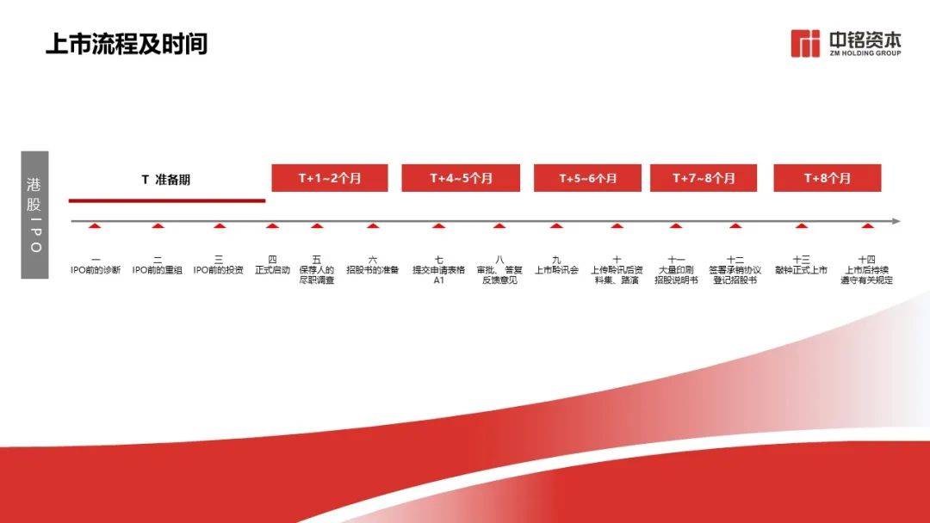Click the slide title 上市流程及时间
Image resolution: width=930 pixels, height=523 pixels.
tap(127, 44)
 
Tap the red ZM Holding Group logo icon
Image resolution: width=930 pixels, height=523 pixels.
tap(805, 44)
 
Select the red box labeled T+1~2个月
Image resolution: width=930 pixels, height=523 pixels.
tap(330, 178)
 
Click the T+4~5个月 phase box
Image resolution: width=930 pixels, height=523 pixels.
tap(461, 178)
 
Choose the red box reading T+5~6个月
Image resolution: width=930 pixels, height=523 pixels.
tap(587, 178)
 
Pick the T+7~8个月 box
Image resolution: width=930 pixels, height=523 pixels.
tap(704, 178)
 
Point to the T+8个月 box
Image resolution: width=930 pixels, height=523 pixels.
tap(828, 178)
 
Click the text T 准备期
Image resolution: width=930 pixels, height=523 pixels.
tap(166, 180)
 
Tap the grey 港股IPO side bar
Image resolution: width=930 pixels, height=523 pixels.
tap(35, 214)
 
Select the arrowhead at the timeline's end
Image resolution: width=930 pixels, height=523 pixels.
tap(896, 222)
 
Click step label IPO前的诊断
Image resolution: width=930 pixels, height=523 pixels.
tap(96, 270)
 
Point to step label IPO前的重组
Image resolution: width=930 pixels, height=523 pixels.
tap(158, 270)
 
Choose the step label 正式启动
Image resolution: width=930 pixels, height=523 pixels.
tap(272, 270)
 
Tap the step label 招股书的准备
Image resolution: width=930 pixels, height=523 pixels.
tap(373, 270)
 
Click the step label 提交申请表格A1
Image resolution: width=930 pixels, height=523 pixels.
tap(439, 274)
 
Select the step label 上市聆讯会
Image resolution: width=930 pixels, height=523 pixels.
tap(556, 270)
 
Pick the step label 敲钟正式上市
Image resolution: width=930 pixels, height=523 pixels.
tap(802, 270)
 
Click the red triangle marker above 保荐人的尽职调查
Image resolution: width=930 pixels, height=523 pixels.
tap(317, 225)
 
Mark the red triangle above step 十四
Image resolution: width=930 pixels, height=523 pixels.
tap(867, 225)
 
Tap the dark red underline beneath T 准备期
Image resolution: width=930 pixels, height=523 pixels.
tap(167, 200)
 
